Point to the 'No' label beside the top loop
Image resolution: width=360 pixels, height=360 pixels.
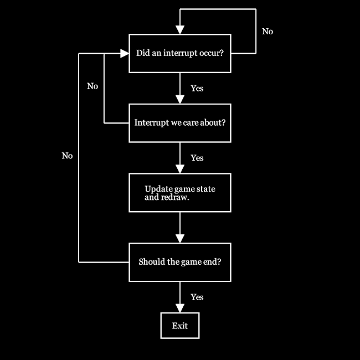(x=268, y=32)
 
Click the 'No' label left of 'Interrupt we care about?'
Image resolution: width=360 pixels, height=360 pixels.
(x=92, y=86)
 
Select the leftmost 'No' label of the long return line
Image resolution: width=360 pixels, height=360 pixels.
(x=67, y=156)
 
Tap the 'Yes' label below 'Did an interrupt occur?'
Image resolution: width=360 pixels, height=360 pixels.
(x=197, y=89)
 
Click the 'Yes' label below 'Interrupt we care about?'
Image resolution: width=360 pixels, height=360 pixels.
(x=197, y=158)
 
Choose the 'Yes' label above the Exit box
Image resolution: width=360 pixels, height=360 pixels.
(x=197, y=297)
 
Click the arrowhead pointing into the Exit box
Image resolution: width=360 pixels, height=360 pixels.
(x=180, y=308)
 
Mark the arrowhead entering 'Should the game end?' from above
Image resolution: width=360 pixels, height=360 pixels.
(x=180, y=239)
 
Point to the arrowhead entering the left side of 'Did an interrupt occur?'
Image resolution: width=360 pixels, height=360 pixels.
(x=125, y=54)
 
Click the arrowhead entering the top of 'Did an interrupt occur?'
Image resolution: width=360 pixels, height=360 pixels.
(x=180, y=30)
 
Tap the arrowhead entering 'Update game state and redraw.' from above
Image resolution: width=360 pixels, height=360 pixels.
(x=180, y=169)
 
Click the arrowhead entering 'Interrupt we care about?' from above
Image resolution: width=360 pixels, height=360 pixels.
(x=180, y=99)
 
